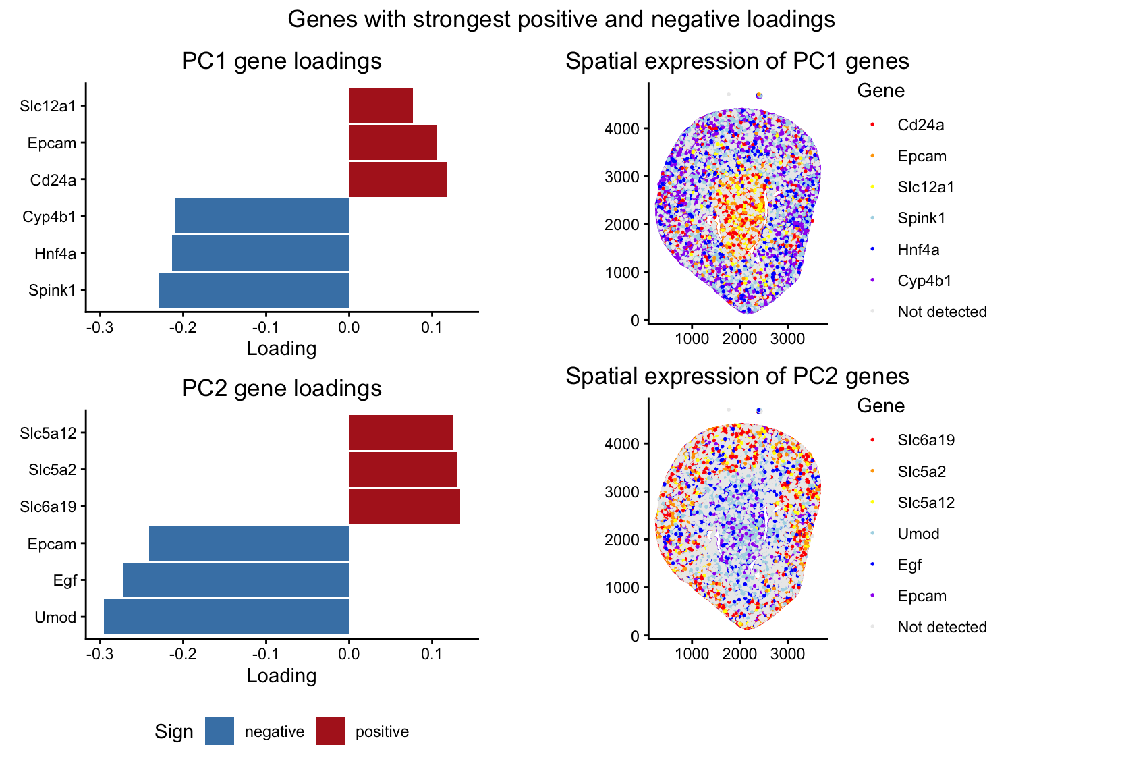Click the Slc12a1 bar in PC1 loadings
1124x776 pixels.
[x=381, y=106]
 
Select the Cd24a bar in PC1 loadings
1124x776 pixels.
[x=397, y=180]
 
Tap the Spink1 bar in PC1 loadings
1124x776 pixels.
[x=254, y=290]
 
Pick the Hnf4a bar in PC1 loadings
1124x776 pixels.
[x=260, y=254]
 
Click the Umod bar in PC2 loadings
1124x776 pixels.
[x=227, y=617]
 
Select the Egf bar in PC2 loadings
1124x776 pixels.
[x=236, y=580]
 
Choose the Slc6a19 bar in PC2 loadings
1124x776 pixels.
[x=404, y=507]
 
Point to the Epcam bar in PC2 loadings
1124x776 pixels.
[x=249, y=543]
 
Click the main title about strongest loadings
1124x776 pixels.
[x=561, y=20]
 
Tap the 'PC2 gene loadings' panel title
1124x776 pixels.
[x=281, y=389]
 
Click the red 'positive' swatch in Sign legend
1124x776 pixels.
[x=330, y=731]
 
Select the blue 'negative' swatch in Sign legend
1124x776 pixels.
[x=220, y=731]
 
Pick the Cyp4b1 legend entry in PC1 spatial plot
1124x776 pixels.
[x=924, y=281]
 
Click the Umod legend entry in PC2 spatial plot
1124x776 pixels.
[x=918, y=534]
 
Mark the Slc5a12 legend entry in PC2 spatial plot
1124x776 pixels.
[x=926, y=503]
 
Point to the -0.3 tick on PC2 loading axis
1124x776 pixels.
[x=100, y=655]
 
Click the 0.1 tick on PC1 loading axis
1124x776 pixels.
[x=432, y=327]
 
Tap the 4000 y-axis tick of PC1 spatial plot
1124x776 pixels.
[x=627, y=129]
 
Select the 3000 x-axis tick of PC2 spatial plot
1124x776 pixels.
[x=787, y=654]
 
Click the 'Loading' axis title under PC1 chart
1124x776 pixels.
[x=281, y=349]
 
